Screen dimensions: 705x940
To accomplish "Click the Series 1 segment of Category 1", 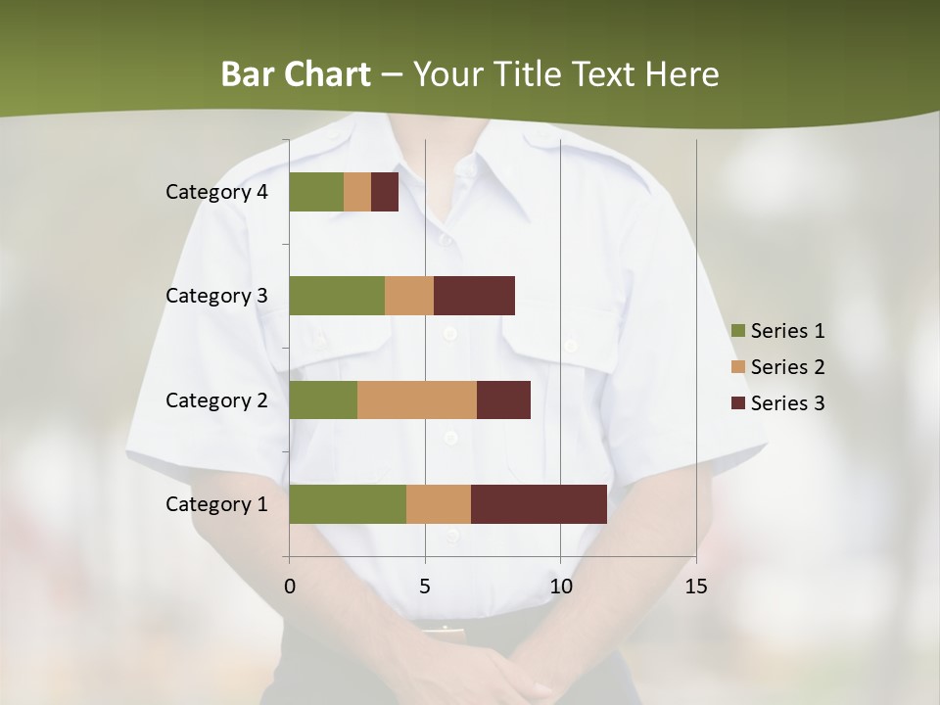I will pos(348,504).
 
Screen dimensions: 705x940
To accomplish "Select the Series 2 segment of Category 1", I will pos(439,504).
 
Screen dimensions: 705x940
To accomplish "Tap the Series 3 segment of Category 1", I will pos(539,504).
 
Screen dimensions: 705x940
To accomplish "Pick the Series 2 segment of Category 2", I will pos(417,399).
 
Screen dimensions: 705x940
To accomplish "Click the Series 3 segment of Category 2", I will pos(503,399).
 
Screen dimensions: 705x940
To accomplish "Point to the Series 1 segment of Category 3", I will pos(337,296).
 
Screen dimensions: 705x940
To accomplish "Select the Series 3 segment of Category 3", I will pos(474,296).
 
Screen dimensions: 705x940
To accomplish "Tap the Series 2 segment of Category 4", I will pos(357,192).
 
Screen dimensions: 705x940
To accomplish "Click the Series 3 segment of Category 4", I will pos(385,192).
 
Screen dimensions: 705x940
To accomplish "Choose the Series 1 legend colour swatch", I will pos(737,331).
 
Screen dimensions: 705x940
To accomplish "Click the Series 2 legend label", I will pos(787,367).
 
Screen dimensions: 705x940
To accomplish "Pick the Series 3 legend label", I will pos(787,403).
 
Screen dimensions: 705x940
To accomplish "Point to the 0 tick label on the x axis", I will pos(289,587).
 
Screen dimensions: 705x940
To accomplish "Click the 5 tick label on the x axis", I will pos(425,587).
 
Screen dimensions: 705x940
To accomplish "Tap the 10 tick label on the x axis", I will pos(560,587).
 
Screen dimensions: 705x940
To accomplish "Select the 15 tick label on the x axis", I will pos(696,587).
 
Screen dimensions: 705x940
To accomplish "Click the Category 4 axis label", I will pos(216,192).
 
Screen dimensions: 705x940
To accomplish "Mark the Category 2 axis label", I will pos(216,399).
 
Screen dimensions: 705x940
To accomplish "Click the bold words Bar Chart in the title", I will pos(296,74).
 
